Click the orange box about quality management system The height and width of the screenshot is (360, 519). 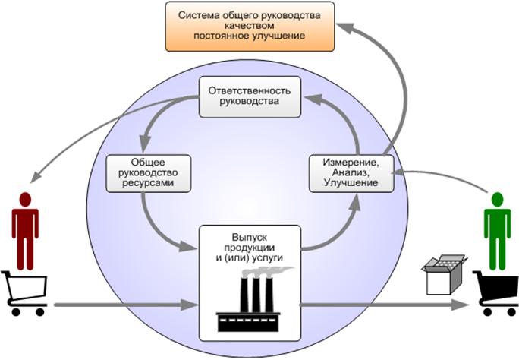250,27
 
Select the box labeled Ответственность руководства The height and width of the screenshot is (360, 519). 250,97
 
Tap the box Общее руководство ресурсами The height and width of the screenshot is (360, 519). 148,173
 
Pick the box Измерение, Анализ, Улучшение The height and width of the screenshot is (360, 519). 351,173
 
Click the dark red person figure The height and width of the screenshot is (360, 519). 25,231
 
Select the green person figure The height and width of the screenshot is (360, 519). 498,231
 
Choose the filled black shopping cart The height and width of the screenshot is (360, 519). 495,292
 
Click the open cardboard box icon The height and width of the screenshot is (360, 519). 444,274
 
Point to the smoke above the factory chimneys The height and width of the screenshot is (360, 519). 266,272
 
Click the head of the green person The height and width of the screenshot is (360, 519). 498,200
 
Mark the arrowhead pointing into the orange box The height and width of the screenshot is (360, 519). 345,28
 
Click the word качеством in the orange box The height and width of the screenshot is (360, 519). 249,26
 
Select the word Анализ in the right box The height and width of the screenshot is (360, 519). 351,172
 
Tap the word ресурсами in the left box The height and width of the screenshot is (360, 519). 148,183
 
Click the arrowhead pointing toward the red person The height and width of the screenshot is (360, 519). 36,177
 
